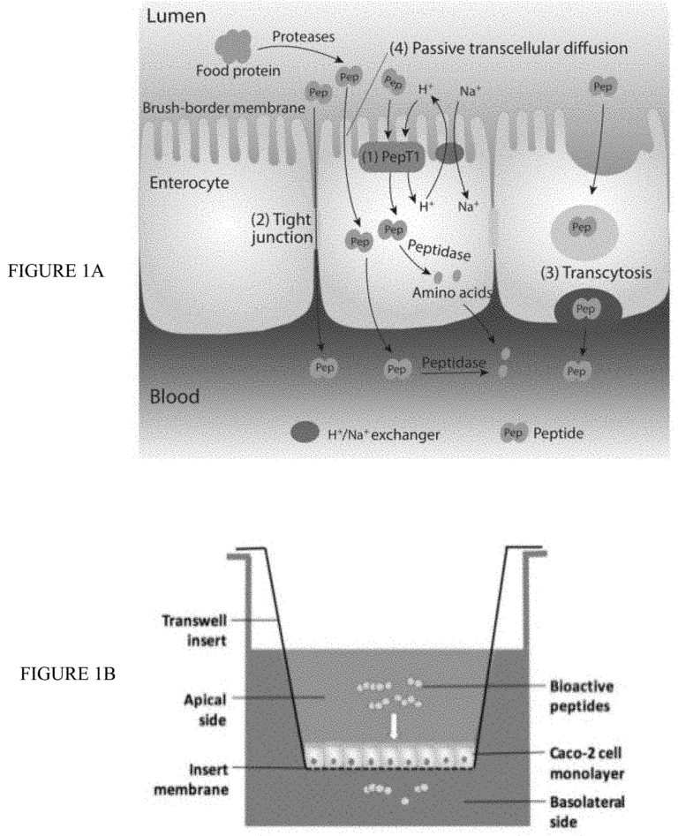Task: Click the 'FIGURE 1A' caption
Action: (59, 272)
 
